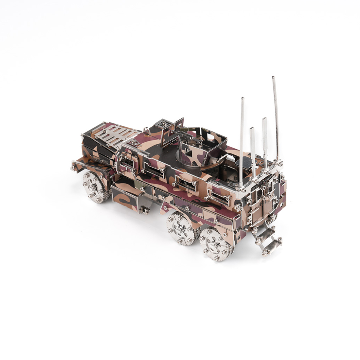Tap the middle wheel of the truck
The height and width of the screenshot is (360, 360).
coord(181,228)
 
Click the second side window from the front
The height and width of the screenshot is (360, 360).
coord(154,170)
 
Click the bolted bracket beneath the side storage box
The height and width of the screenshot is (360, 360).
coord(144,209)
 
